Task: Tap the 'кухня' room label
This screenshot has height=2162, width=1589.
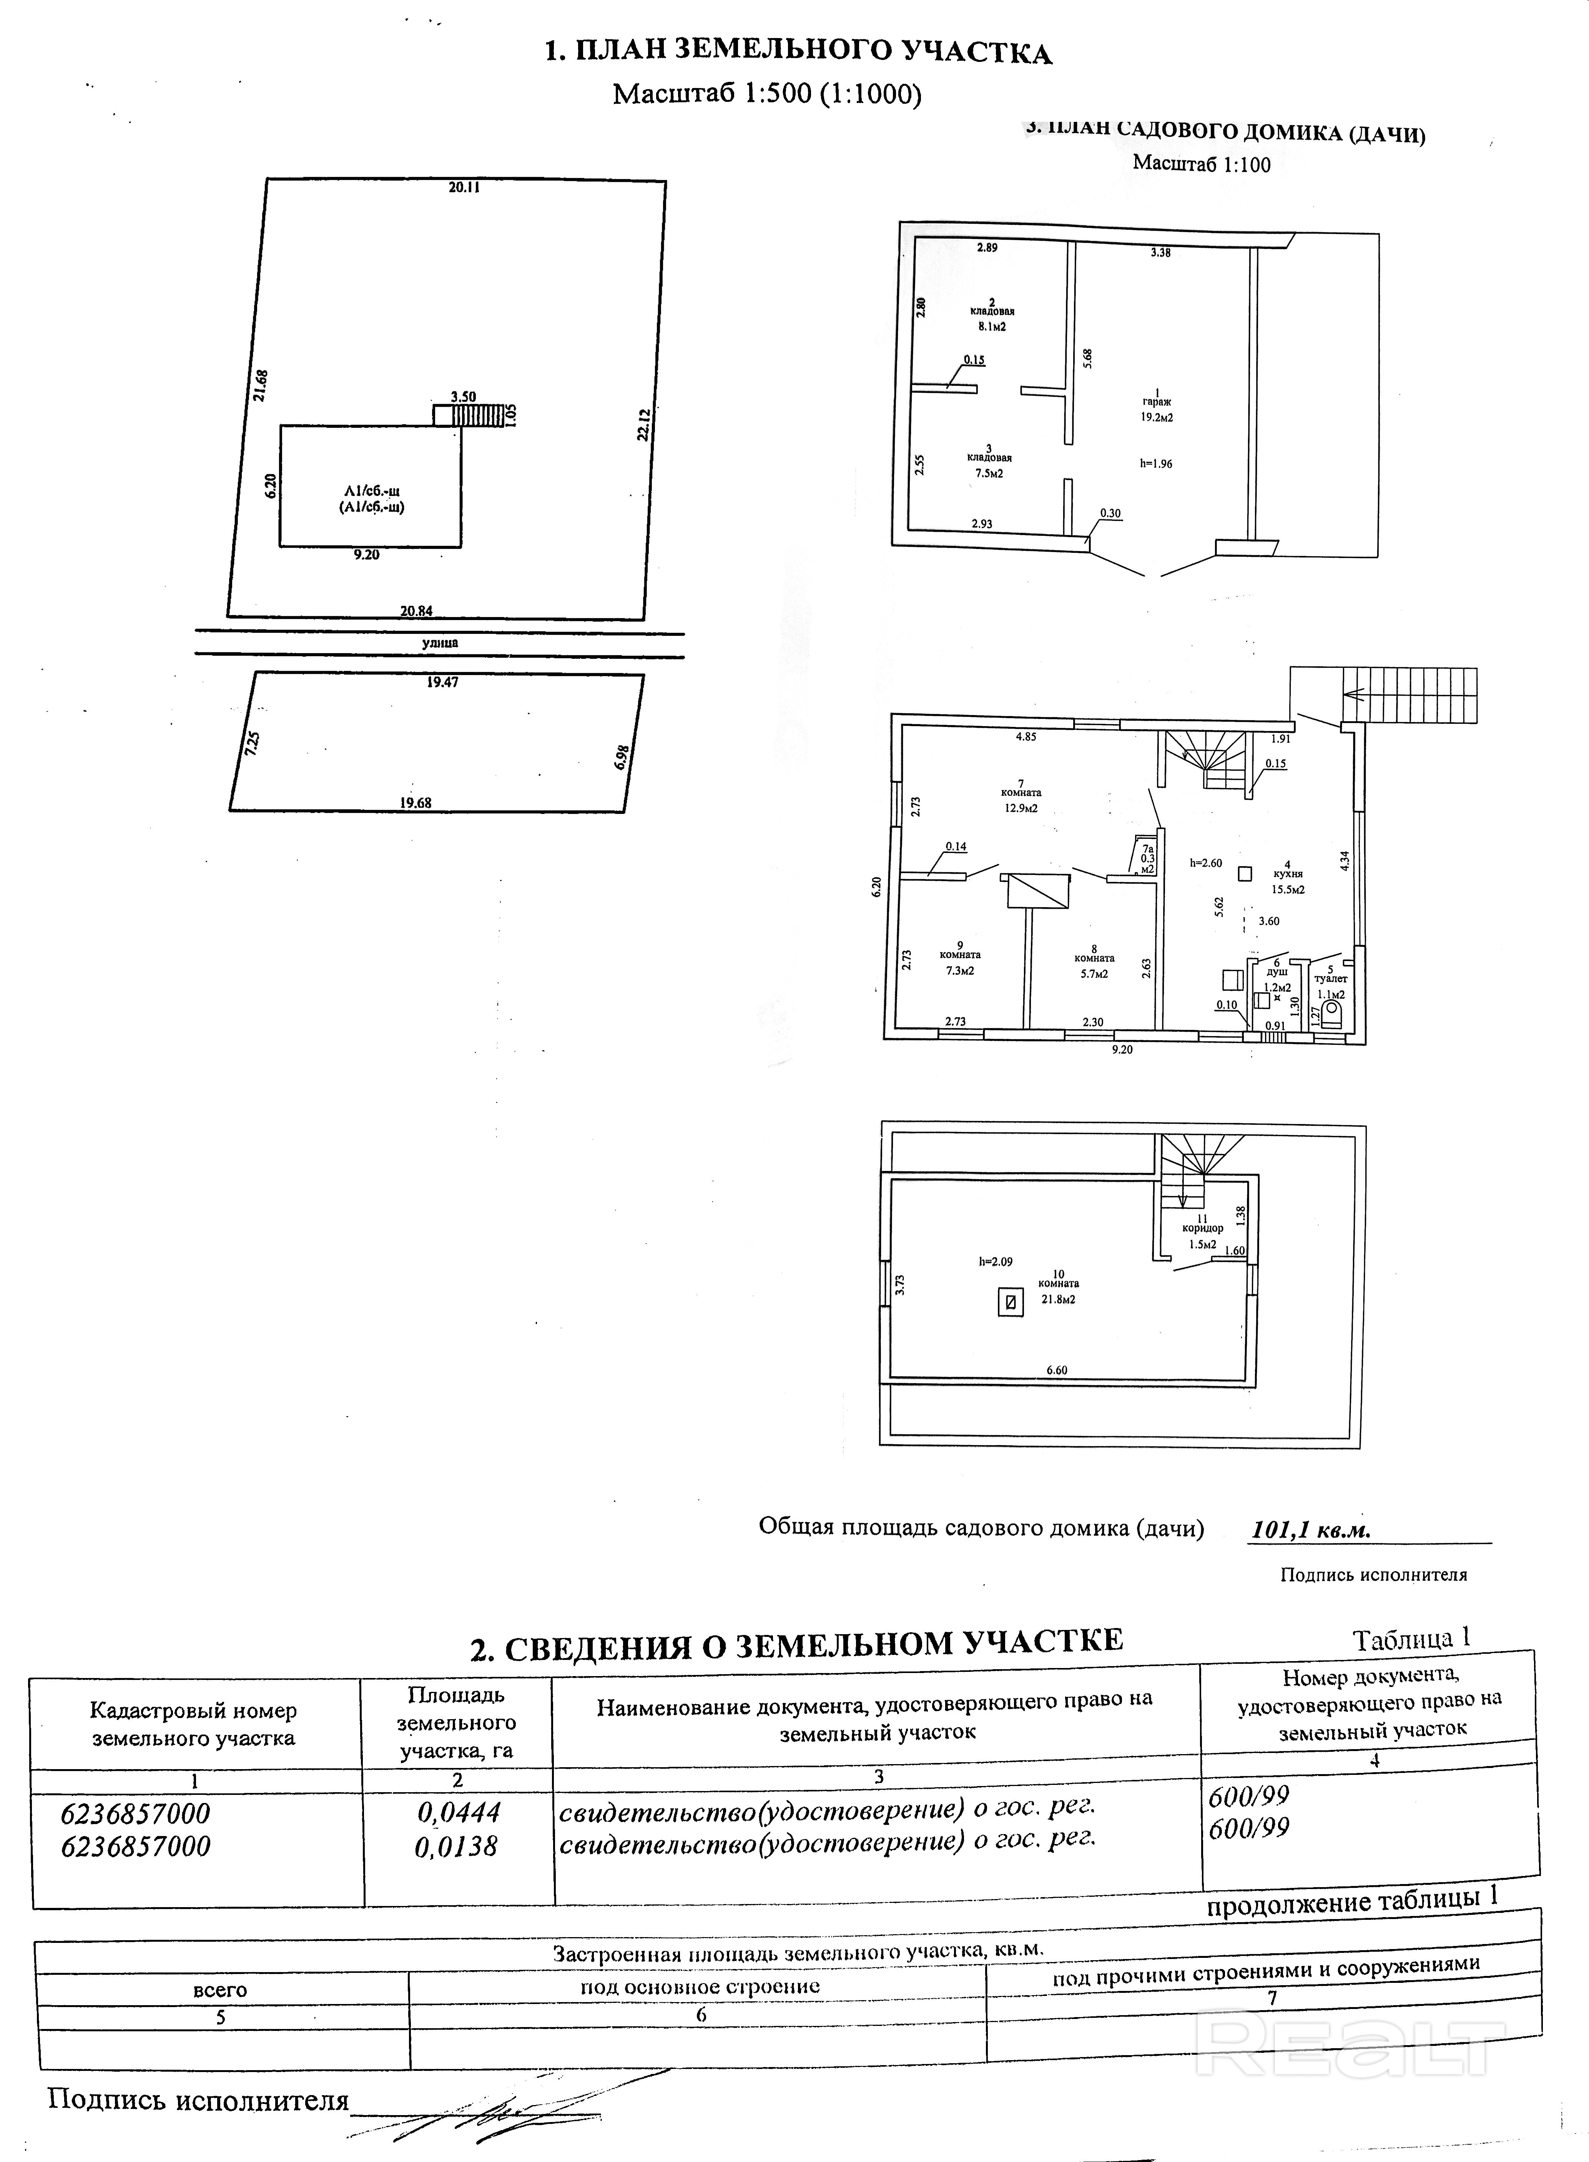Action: [x=1287, y=874]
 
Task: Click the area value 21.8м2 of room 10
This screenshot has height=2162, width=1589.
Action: [x=1058, y=1299]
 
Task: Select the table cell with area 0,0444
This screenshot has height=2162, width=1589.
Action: [x=458, y=1813]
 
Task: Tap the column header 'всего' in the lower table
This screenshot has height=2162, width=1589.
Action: [x=220, y=1990]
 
